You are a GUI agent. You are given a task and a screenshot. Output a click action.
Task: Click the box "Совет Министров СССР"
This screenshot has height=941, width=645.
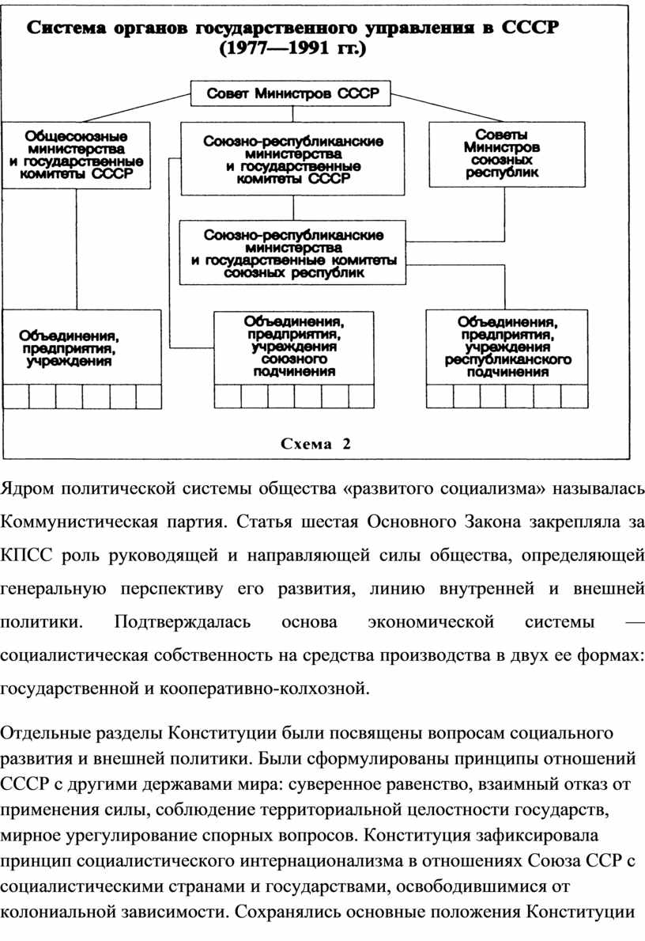(292, 94)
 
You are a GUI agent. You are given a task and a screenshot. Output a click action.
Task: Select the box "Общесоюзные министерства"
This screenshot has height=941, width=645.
(76, 154)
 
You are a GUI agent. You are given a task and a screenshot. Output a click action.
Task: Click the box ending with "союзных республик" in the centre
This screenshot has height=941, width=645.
(292, 252)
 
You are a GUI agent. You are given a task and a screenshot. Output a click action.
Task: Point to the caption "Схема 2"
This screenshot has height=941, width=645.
(315, 444)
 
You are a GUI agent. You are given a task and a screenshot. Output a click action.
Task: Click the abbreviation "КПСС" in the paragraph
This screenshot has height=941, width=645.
(25, 553)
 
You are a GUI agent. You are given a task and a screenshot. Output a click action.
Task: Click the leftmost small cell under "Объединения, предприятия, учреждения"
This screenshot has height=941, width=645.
(16, 397)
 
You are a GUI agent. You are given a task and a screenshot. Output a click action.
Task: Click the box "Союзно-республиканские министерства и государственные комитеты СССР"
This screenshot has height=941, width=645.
(292, 158)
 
